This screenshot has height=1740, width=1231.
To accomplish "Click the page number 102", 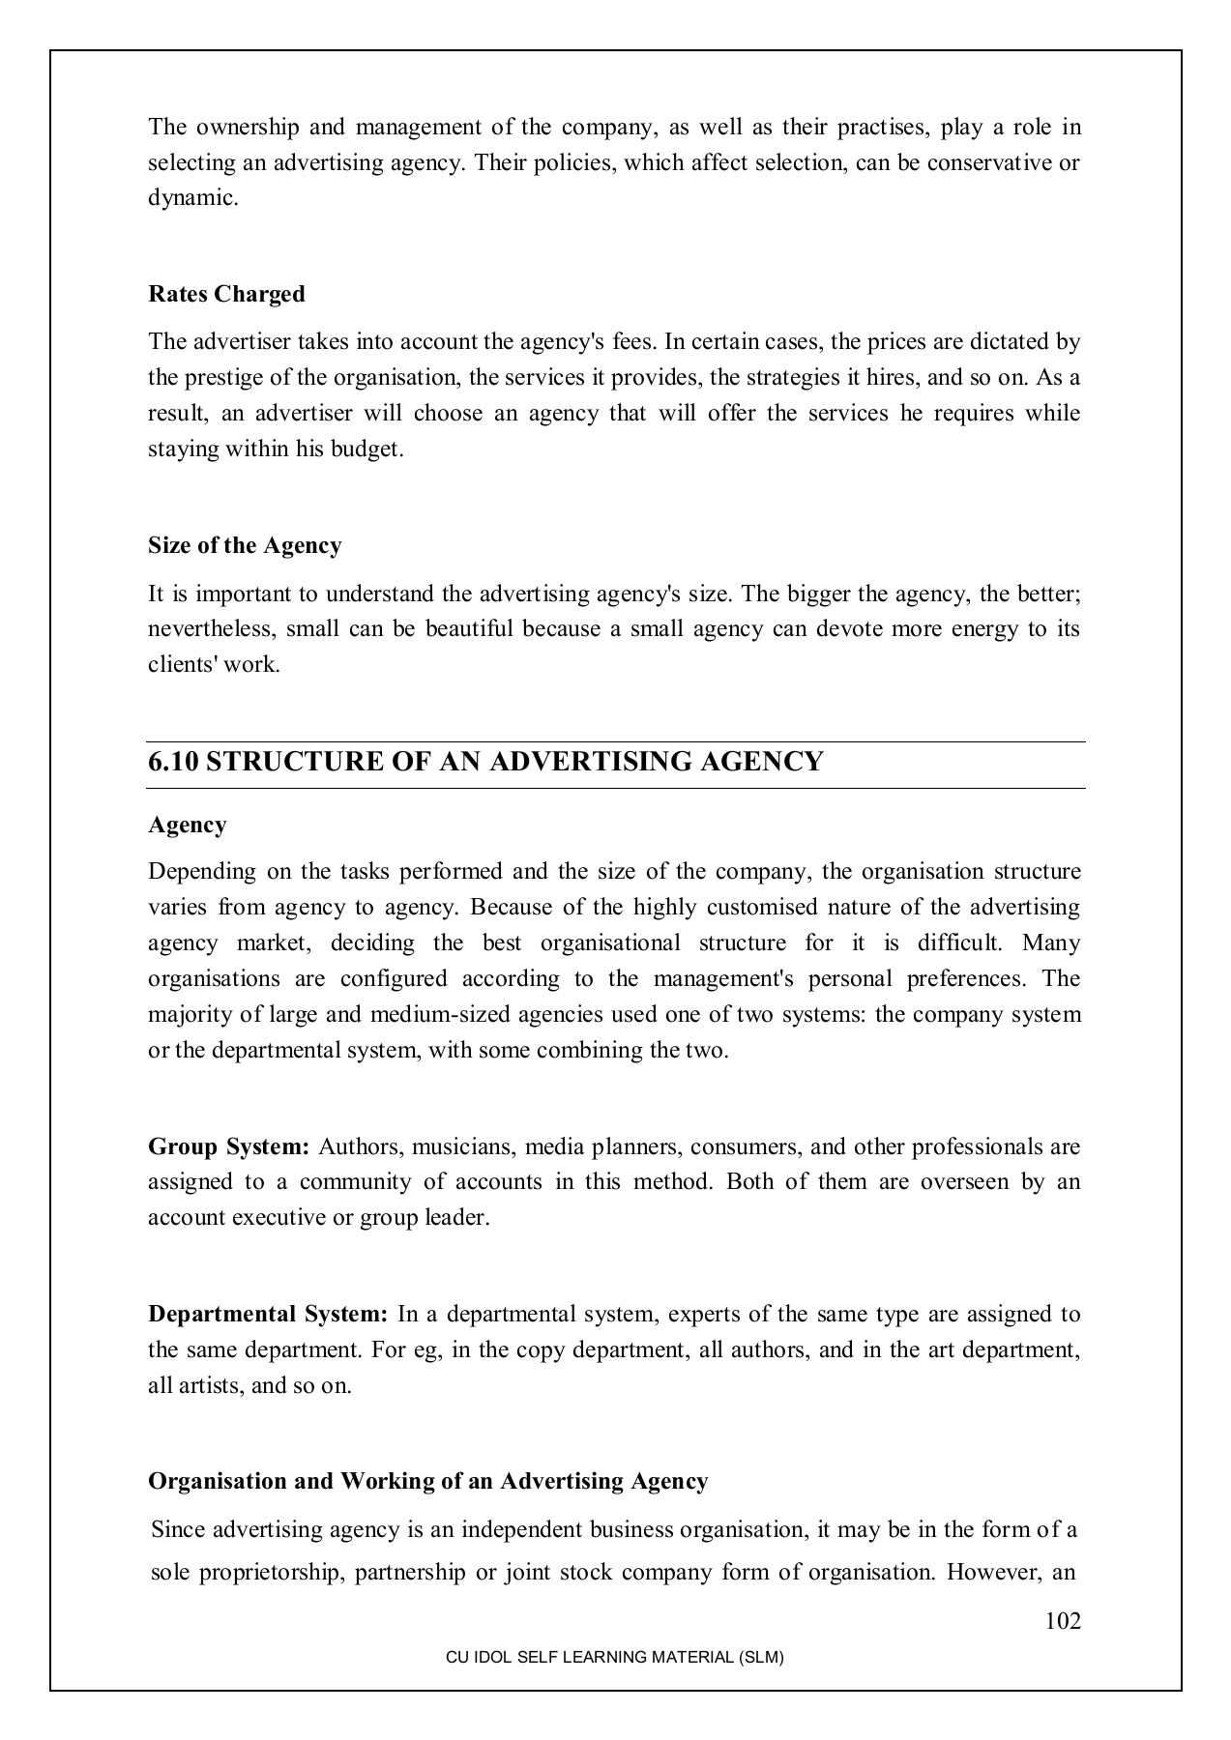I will click(x=1063, y=1621).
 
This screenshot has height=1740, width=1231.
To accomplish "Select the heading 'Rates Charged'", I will click(x=226, y=294).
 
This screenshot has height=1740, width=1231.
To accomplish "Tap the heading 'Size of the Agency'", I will click(x=245, y=545).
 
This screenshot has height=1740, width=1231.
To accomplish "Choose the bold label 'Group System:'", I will click(x=228, y=1146).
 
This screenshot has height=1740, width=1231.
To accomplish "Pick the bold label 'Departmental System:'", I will click(x=268, y=1314).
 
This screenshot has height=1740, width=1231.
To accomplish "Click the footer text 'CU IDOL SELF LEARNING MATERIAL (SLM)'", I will click(x=614, y=1657).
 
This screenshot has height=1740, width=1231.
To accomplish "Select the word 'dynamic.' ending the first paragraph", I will click(x=192, y=198).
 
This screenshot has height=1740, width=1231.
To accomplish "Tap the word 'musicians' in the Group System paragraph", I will click(x=454, y=1146).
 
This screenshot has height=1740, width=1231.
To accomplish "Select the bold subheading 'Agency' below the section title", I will click(x=187, y=825).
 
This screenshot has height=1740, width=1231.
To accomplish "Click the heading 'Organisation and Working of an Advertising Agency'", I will click(x=427, y=1481).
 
